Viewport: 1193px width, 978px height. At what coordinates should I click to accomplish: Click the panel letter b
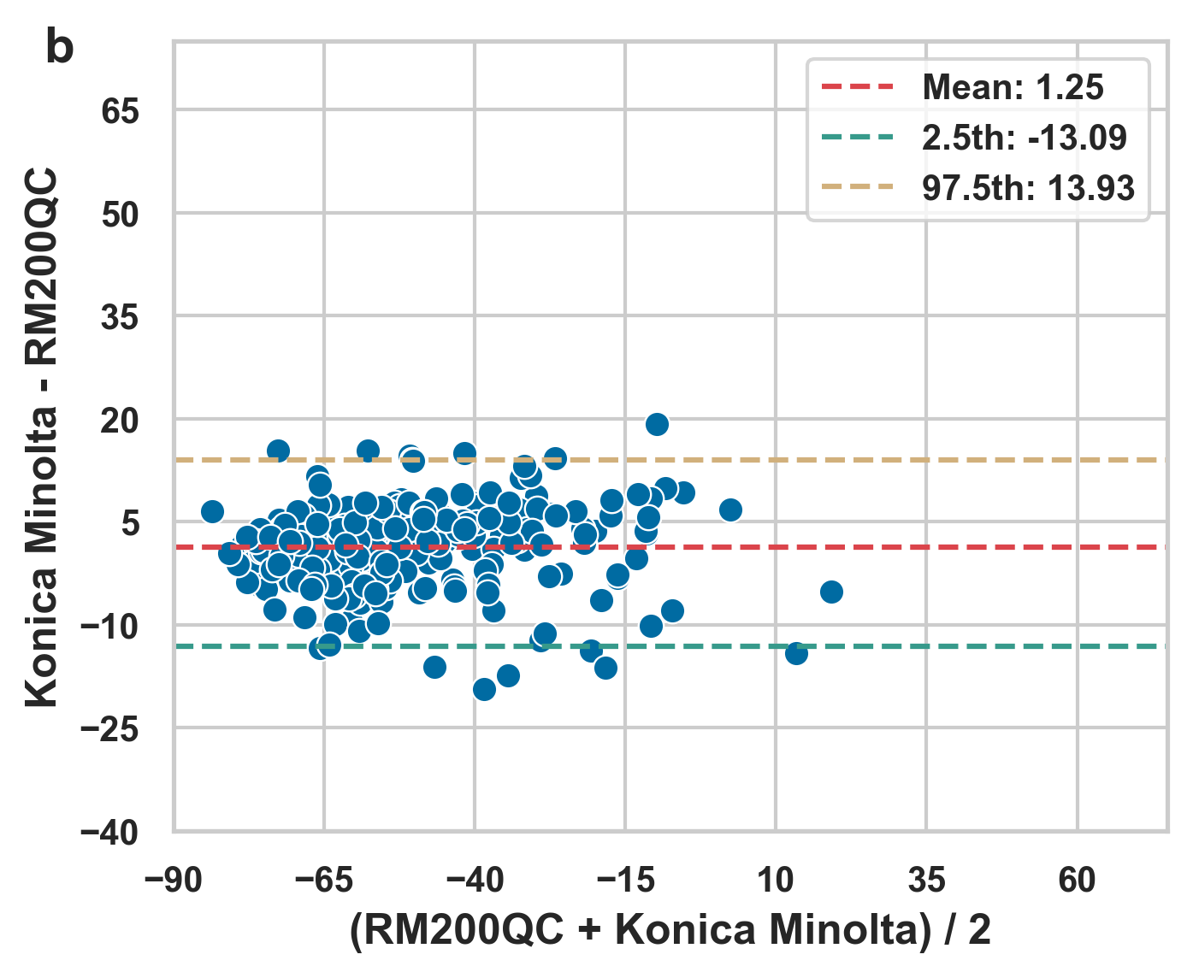click(59, 49)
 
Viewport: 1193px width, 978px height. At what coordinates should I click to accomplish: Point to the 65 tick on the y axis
click(120, 111)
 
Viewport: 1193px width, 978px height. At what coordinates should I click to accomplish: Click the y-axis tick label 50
click(120, 215)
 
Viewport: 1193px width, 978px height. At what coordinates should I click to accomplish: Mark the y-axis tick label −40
click(109, 833)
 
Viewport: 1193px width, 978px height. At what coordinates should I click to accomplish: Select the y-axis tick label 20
click(120, 421)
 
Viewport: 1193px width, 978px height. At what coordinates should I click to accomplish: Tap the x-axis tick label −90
click(174, 880)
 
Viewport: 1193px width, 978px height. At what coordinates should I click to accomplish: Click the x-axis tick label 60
click(1077, 880)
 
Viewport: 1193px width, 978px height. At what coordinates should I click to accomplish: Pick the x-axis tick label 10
click(776, 880)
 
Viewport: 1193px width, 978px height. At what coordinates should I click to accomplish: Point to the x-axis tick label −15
click(624, 880)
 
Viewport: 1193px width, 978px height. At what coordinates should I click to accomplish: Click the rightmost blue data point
click(831, 592)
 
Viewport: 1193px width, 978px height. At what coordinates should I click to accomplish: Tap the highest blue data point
click(657, 424)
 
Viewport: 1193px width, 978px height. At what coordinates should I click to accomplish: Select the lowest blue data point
click(484, 689)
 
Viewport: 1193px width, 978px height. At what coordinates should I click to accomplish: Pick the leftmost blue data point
click(212, 511)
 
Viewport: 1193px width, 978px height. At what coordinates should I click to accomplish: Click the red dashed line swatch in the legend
click(857, 87)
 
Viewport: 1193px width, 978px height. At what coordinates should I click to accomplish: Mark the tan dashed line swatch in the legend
click(857, 187)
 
